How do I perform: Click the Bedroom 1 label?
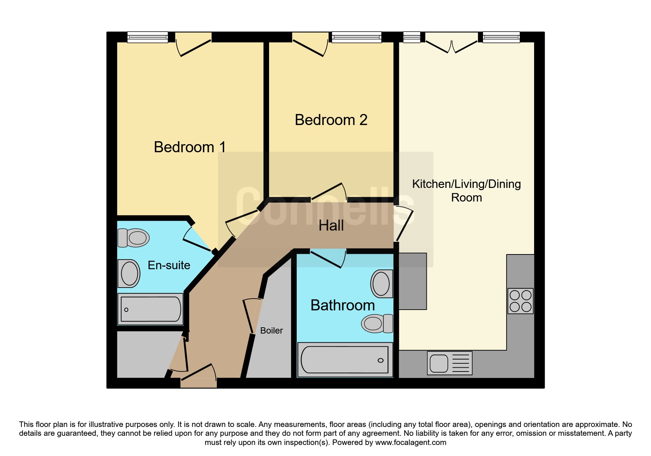click(x=190, y=147)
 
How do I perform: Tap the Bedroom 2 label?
click(x=331, y=120)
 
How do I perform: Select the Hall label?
click(x=331, y=225)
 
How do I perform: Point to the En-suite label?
click(x=169, y=265)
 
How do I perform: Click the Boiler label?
click(x=271, y=331)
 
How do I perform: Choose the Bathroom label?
click(x=343, y=305)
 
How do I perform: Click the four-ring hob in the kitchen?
click(x=521, y=301)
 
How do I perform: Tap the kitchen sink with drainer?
click(x=450, y=363)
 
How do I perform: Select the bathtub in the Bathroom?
click(x=345, y=360)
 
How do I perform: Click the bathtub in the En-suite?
click(x=150, y=309)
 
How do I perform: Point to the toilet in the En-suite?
click(x=133, y=238)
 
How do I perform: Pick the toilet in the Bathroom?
click(x=377, y=324)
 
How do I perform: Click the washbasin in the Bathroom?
click(x=382, y=284)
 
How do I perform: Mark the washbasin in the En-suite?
click(x=129, y=274)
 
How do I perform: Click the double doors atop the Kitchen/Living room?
click(x=451, y=42)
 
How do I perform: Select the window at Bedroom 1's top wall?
click(x=147, y=37)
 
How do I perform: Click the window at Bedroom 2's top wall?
click(x=356, y=37)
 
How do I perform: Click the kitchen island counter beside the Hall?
click(x=413, y=281)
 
